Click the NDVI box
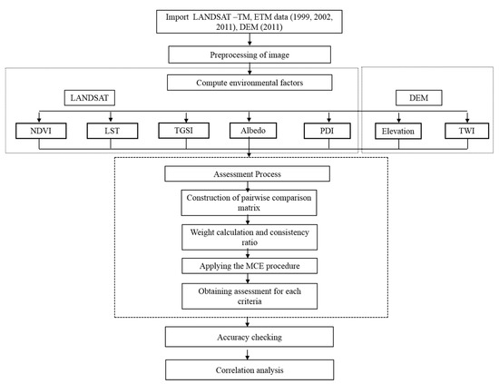[x=41, y=131]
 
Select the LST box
[x=113, y=131]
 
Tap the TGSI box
[x=184, y=131]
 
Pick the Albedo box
[x=253, y=131]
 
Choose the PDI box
[x=328, y=131]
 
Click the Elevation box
[x=398, y=132]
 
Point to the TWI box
[x=467, y=131]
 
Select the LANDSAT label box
[x=90, y=98]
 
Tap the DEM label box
[x=419, y=98]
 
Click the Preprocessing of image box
[x=249, y=54]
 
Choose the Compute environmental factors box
[x=249, y=83]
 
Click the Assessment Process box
[x=248, y=174]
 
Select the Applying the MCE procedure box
[x=249, y=266]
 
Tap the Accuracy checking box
[x=249, y=337]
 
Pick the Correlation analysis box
[x=249, y=370]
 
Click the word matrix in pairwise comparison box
[x=249, y=208]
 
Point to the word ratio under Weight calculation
[x=249, y=242]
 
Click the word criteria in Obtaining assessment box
[x=249, y=301]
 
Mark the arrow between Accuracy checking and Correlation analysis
[x=248, y=353]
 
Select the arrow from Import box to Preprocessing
[x=249, y=39]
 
